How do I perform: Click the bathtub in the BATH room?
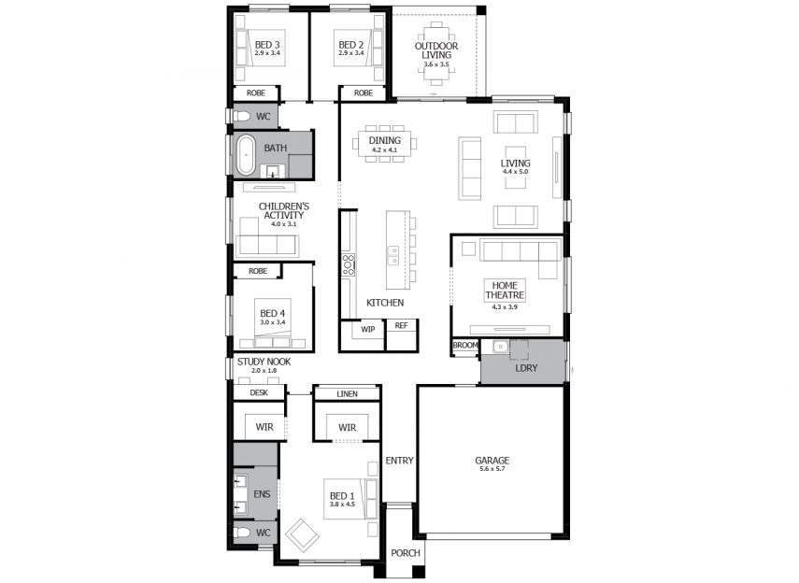tap(246, 155)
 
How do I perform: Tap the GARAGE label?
tap(492, 461)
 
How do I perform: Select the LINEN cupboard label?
tap(347, 394)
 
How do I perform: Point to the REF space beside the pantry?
tap(402, 326)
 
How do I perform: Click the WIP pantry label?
tap(368, 329)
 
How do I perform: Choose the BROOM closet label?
tap(465, 345)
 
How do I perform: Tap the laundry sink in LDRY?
tap(500, 347)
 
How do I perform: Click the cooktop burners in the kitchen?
tap(348, 265)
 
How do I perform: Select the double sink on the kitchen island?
tap(392, 256)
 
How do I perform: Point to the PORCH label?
tap(406, 553)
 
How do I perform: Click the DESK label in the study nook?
tap(259, 392)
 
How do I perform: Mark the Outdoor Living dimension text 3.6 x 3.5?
tap(436, 64)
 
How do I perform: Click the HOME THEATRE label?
tap(505, 291)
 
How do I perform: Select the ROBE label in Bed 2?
tap(364, 92)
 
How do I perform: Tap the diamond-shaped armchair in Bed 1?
tap(302, 535)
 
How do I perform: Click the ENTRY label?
tap(400, 461)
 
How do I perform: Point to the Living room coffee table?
tap(515, 167)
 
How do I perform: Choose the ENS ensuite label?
tap(262, 494)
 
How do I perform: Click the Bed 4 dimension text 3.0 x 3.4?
tap(273, 322)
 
